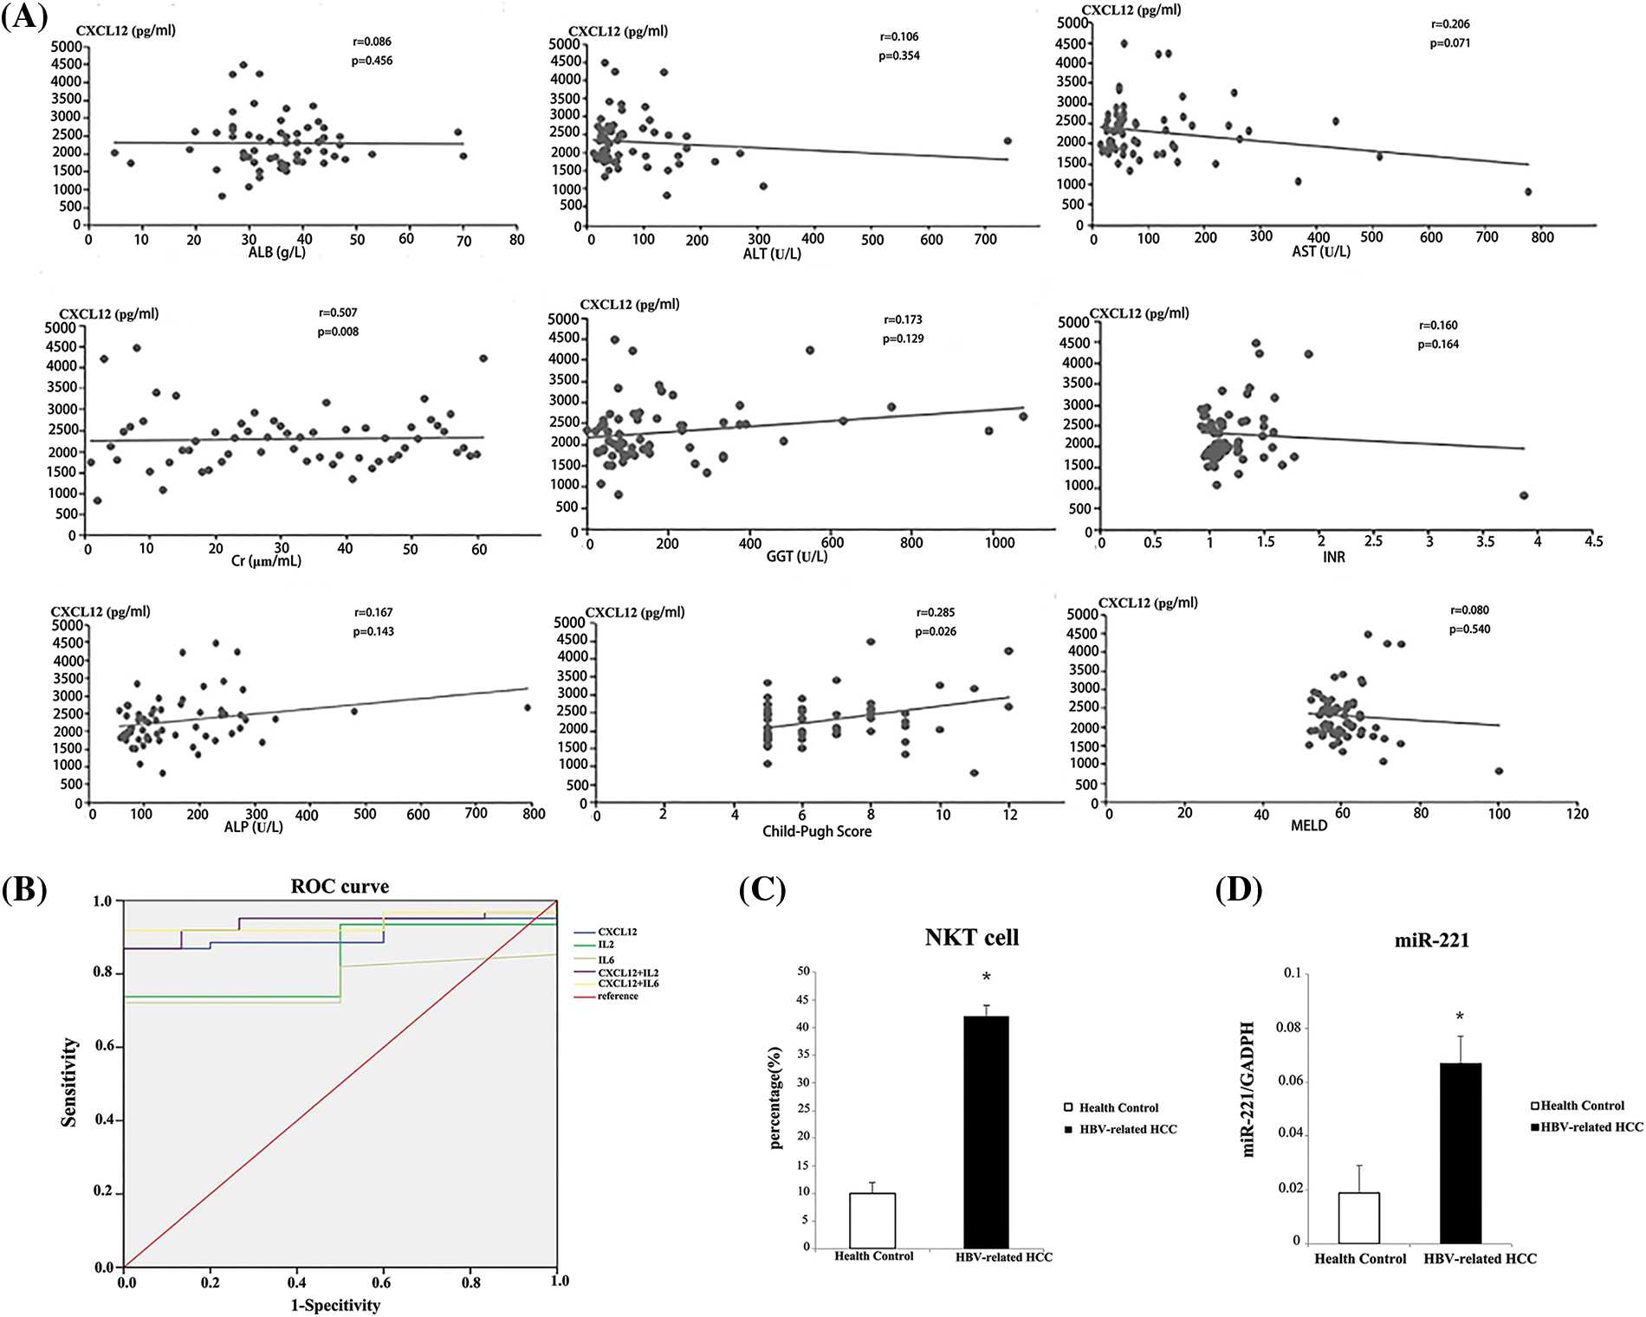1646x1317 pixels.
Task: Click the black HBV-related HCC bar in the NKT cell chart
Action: click(x=986, y=1131)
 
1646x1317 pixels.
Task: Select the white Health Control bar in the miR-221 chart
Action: click(x=1358, y=1217)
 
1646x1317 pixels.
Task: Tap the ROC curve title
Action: click(x=340, y=887)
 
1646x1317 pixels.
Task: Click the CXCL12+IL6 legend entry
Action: click(x=628, y=984)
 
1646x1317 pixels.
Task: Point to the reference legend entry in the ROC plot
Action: click(x=618, y=997)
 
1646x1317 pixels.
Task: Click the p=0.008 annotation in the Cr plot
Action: click(x=338, y=332)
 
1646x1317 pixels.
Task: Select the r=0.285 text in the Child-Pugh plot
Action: click(x=936, y=613)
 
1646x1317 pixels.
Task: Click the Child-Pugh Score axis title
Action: click(x=817, y=831)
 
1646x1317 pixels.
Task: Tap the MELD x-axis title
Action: click(x=1309, y=826)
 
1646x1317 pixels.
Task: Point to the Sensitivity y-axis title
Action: click(x=69, y=1082)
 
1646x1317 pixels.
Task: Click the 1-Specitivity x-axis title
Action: click(x=335, y=1305)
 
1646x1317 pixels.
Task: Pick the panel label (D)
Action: click(x=1239, y=889)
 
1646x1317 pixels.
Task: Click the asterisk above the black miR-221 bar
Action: click(x=1460, y=1017)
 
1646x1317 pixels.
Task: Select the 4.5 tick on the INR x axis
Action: click(x=1594, y=541)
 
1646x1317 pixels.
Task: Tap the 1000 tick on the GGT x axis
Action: click(x=1000, y=543)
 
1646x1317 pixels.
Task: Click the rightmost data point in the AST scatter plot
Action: click(x=1528, y=191)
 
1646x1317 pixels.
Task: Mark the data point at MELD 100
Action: click(x=1499, y=771)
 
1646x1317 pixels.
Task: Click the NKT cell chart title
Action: click(x=972, y=938)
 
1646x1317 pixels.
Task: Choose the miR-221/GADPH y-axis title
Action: click(x=1248, y=1089)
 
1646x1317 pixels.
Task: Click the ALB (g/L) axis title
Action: click(x=277, y=253)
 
